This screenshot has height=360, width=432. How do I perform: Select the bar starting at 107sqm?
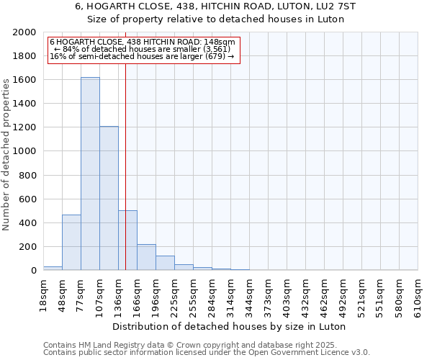coord(109,198)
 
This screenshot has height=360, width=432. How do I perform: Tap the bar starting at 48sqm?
coord(71,242)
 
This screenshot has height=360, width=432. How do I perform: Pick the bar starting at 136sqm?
coord(127,240)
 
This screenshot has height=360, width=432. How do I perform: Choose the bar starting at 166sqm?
coord(146,257)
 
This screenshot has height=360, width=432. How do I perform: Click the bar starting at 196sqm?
coord(165,263)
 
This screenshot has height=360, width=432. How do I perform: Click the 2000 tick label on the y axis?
coord(24,32)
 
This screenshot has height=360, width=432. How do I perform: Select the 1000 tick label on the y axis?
coord(24,151)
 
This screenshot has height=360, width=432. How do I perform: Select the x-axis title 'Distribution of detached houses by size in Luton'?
coord(230,326)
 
